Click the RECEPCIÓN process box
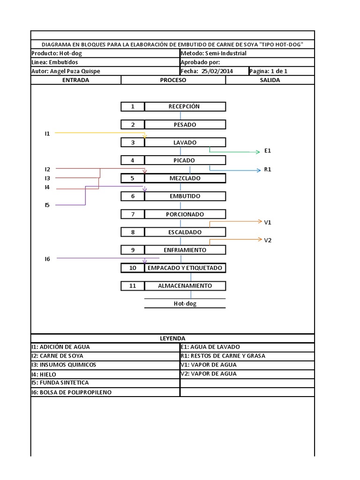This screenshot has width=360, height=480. coord(185,106)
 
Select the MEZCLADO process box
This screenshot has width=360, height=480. coord(185,179)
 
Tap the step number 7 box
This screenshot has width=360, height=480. coord(133,214)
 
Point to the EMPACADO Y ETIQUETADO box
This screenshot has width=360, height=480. coord(185,268)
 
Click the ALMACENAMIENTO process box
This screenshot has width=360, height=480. coord(185,285)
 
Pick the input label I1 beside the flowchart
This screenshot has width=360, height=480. coord(47,134)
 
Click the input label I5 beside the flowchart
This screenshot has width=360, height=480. coord(47,205)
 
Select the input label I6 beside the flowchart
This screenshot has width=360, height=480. coord(47,258)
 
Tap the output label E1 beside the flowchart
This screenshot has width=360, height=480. coord(268,151)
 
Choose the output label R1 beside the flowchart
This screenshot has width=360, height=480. coord(268,170)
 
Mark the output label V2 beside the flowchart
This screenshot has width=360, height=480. coord(268,240)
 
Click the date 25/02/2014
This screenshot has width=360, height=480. coord(217,71)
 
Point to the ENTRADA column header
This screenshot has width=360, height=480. coord(75,80)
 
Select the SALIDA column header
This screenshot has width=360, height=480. coord(270,80)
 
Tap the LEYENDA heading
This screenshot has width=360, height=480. coord(172,338)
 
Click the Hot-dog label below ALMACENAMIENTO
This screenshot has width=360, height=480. coord(185,304)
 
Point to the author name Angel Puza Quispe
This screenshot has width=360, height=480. coord(75,71)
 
